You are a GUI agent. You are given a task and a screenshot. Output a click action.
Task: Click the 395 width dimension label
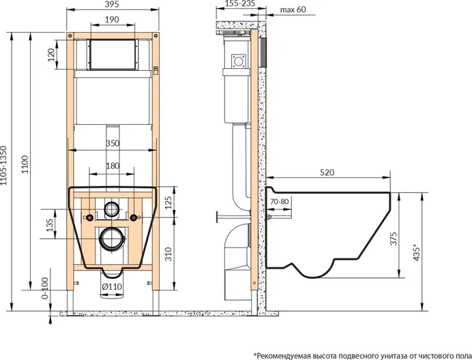click(113, 4)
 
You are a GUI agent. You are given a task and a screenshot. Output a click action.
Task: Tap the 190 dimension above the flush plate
click(112, 20)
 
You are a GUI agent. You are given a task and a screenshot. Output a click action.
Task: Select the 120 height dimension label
click(51, 55)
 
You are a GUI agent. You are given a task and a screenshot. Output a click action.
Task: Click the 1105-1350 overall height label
click(3, 165)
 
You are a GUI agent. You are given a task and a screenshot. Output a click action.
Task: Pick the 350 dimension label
click(113, 143)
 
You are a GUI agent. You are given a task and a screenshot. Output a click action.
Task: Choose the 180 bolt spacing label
click(113, 166)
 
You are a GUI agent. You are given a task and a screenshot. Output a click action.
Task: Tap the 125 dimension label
click(168, 202)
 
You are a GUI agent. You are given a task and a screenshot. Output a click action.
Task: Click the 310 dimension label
click(168, 254)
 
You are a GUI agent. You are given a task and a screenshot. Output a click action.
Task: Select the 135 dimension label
click(50, 225)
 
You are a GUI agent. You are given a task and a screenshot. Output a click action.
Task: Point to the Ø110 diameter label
click(112, 286)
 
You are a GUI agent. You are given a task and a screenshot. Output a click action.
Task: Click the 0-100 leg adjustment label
click(45, 288)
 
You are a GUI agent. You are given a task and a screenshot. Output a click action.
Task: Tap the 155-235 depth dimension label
click(240, 3)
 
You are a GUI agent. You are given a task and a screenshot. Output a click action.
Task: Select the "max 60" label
click(293, 10)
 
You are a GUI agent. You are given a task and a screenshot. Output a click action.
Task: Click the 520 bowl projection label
click(327, 172)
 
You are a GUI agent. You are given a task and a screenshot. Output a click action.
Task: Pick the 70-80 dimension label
click(280, 201)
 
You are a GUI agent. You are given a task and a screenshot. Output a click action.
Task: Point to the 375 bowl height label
click(394, 239)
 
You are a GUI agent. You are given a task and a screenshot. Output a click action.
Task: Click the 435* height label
click(416, 252)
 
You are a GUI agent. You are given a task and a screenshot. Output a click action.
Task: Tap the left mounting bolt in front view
click(89, 217)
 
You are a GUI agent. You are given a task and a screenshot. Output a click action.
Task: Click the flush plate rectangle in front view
click(113, 54)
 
